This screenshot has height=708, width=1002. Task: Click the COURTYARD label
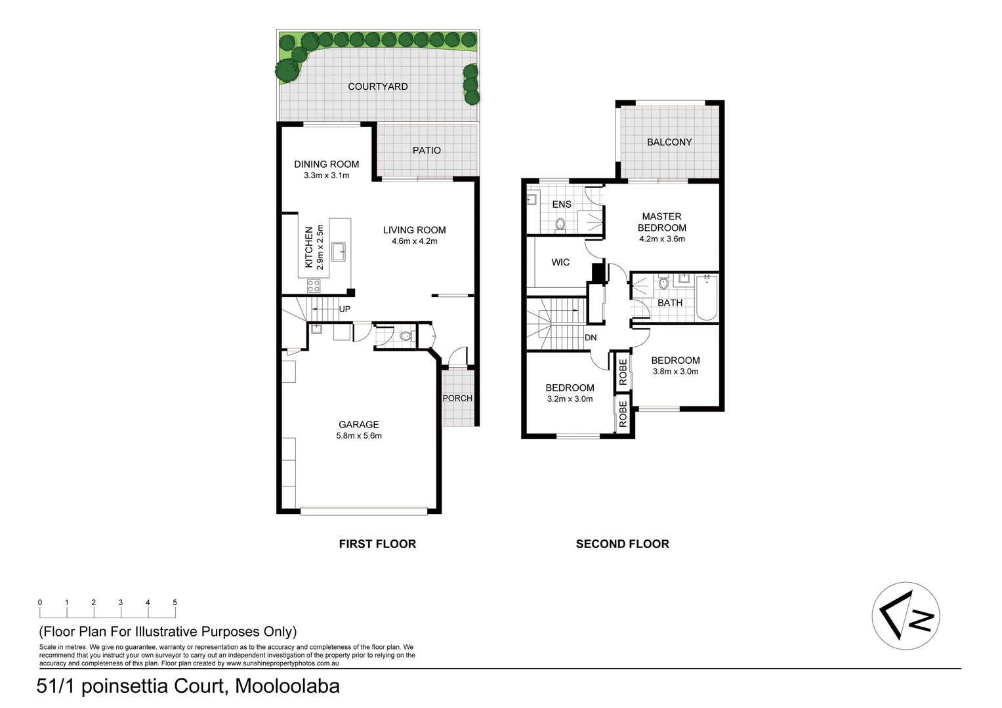click(x=377, y=87)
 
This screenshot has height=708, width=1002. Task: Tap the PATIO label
click(x=427, y=150)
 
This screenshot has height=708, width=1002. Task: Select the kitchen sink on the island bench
click(x=339, y=251)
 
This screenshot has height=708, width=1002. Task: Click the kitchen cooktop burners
click(x=314, y=285)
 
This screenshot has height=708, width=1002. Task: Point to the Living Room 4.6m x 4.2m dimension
click(x=414, y=241)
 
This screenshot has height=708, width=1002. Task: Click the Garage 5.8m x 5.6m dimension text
click(x=359, y=436)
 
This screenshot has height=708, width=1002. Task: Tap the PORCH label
click(x=457, y=398)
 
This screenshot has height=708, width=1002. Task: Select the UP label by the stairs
click(x=344, y=309)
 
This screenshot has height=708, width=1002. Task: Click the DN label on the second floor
click(x=591, y=338)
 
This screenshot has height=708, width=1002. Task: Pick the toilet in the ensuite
click(x=560, y=225)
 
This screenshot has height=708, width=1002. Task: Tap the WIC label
click(x=560, y=262)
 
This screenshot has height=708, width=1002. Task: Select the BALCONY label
click(x=669, y=142)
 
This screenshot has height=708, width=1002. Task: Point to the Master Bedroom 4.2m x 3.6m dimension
click(x=661, y=239)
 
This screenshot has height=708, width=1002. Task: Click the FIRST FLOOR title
click(x=377, y=544)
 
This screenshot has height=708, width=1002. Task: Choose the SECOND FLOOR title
click(x=622, y=544)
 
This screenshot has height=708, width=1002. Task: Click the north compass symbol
click(x=906, y=616)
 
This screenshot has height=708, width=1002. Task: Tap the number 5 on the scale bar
click(x=175, y=602)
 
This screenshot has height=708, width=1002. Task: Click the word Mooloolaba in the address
click(x=287, y=686)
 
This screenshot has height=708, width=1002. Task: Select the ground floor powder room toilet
click(x=405, y=337)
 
